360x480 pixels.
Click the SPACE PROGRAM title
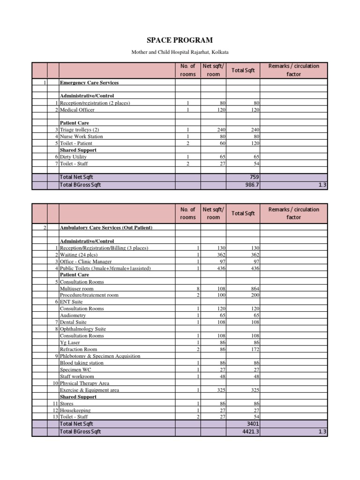[x=180, y=40]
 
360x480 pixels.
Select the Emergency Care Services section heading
[x=89, y=83]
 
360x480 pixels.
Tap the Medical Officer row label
[x=77, y=110]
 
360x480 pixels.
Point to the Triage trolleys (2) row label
[x=80, y=130]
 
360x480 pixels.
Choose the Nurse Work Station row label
[x=81, y=136]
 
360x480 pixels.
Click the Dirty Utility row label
[x=74, y=157]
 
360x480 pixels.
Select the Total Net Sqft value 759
[x=254, y=177]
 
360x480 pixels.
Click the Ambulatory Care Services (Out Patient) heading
[x=106, y=227]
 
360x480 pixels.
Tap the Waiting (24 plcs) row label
[x=79, y=255]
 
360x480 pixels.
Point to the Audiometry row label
[x=73, y=315]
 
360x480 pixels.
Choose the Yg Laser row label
[x=70, y=343]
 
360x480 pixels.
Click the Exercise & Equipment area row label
[x=89, y=390]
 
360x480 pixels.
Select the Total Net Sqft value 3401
[x=252, y=424]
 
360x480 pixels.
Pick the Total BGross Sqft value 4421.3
[x=249, y=431]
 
